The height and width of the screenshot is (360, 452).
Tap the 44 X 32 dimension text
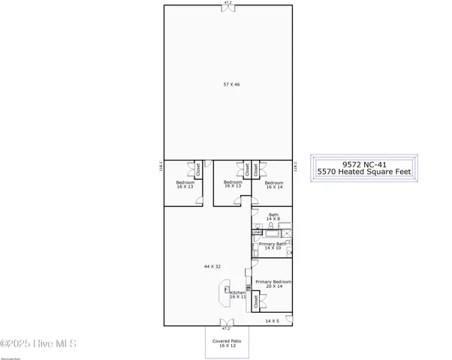tap(212, 266)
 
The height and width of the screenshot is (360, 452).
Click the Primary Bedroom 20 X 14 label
tap(273, 284)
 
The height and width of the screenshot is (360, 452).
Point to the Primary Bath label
tap(272, 246)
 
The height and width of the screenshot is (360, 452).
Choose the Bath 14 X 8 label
tap(273, 217)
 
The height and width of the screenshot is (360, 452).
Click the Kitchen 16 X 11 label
tap(238, 295)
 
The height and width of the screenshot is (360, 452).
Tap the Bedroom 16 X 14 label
tap(274, 185)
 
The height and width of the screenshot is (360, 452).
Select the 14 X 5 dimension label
tap(273, 321)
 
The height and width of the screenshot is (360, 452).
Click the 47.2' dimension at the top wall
tap(227, 3)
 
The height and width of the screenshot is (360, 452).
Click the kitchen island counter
tap(224, 294)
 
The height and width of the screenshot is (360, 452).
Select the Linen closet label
tap(256, 232)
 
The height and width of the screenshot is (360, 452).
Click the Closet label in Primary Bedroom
tap(256, 301)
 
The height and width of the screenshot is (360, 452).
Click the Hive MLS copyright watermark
tap(39, 344)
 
